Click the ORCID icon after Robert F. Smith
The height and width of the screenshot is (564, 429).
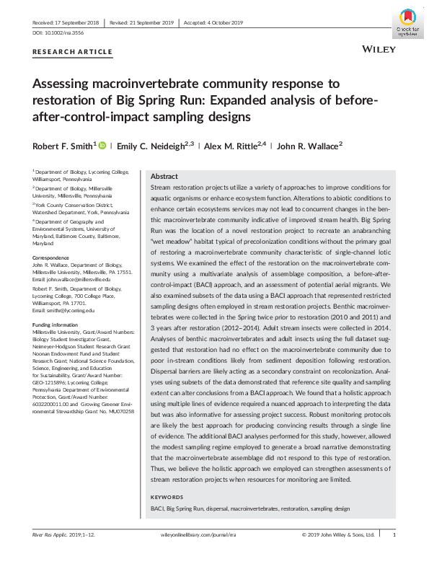[102, 145]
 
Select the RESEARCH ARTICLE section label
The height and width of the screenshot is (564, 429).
[72, 52]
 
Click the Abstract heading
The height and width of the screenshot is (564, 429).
[164, 177]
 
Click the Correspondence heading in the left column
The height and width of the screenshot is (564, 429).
[55, 258]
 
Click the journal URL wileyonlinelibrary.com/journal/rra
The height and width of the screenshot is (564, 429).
[199, 555]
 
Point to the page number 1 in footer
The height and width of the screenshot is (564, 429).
[394, 555]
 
